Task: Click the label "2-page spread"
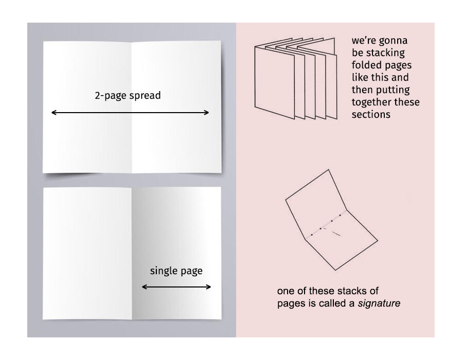point(128,96)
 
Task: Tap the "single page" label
point(176,271)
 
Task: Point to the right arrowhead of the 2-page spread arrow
point(208,113)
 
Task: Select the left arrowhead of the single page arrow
point(144,286)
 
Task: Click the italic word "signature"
point(379,303)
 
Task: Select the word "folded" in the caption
point(366,65)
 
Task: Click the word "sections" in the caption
point(371,115)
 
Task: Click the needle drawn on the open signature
point(335,234)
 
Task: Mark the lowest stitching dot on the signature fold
point(312,235)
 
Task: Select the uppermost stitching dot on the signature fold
point(340,215)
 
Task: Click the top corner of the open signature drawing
point(328,170)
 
